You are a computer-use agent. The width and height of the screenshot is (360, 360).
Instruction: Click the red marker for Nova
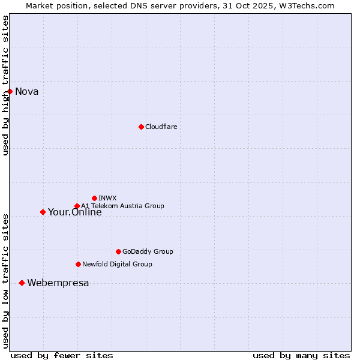(10, 91)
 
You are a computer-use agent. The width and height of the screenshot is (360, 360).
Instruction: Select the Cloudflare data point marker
(141, 127)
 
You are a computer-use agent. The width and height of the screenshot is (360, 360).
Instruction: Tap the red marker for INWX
(94, 198)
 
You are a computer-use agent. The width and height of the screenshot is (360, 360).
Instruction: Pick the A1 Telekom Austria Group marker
(77, 206)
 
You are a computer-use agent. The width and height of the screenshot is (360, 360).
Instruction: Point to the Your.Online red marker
(43, 212)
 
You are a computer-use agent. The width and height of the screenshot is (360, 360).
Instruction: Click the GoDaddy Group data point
(118, 251)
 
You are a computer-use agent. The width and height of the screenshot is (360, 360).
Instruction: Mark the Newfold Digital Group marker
(78, 264)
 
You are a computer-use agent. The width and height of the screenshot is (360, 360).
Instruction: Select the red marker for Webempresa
(22, 283)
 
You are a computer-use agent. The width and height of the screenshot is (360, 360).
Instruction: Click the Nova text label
(27, 91)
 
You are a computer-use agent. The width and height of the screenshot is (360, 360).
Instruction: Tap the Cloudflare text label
(161, 127)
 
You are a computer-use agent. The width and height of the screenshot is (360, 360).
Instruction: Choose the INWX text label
(107, 198)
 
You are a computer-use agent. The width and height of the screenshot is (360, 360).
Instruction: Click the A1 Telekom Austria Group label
(122, 206)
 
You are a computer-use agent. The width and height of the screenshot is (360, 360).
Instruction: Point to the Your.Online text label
(75, 212)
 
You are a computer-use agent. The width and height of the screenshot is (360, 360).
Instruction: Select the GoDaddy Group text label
(148, 251)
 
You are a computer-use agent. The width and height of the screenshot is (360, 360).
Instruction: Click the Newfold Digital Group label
(117, 264)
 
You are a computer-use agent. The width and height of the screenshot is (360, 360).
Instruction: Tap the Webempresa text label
(58, 283)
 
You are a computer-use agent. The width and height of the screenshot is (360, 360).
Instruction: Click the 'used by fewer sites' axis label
(62, 355)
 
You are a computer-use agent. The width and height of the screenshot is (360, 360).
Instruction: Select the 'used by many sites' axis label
(301, 355)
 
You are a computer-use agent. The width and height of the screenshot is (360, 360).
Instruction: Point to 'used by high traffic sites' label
(5, 85)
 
